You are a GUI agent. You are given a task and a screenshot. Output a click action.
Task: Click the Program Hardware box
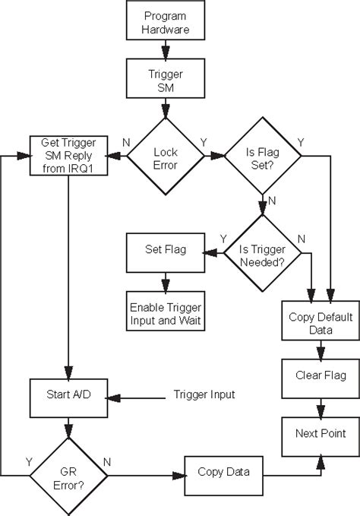pos(166,23)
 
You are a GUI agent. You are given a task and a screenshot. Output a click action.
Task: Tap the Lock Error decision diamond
pos(166,155)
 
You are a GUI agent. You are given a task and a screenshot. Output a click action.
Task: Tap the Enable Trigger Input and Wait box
pos(165,313)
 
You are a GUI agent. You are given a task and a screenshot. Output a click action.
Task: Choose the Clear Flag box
pos(319,375)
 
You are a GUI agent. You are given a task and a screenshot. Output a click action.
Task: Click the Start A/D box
pos(68,396)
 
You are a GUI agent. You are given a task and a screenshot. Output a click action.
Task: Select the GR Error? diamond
pos(68,475)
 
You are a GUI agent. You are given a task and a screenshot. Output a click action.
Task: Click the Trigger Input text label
pos(204,394)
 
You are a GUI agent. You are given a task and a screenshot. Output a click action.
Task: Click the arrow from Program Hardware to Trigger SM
pos(166,52)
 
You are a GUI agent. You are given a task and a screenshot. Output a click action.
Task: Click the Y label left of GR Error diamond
pos(29,461)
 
